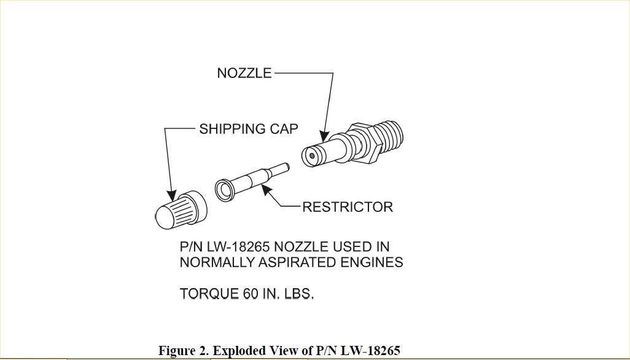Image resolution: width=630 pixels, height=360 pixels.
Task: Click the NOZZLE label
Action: (244, 74)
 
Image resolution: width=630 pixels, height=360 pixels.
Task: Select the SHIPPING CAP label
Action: (249, 130)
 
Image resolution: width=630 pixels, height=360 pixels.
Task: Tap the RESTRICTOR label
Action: (347, 206)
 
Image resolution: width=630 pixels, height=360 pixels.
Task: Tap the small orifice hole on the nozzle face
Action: (313, 156)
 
